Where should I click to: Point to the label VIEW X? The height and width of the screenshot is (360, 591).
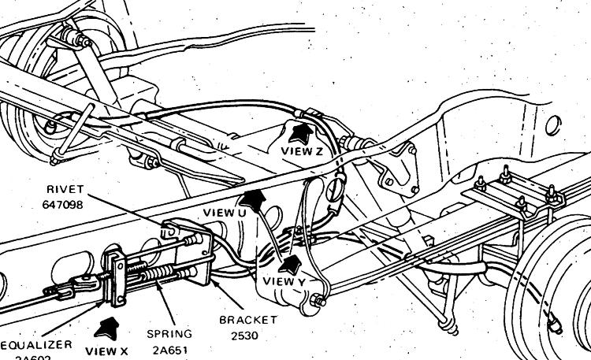click(106, 350)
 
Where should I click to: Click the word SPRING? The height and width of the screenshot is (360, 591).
click(168, 335)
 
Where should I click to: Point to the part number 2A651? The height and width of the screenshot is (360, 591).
click(168, 350)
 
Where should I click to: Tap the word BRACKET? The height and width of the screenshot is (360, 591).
click(249, 320)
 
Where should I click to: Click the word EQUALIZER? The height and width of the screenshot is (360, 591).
click(36, 345)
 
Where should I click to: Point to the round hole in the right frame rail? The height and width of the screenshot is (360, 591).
click(554, 124)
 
